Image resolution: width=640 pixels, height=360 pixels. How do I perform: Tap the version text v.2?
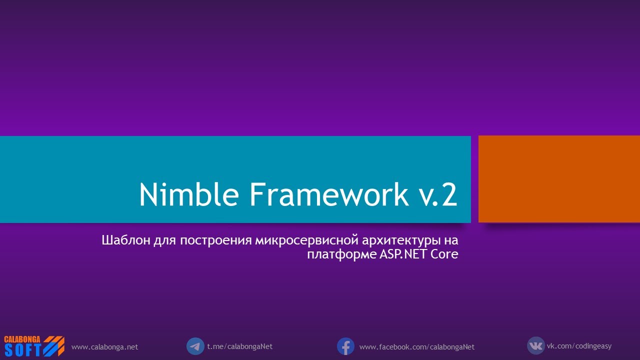click(437, 195)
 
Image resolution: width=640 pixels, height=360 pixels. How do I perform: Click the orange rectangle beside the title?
click(559, 179)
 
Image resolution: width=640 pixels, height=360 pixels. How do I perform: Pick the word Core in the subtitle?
click(444, 254)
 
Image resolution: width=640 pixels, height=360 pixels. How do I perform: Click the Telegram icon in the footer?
click(195, 346)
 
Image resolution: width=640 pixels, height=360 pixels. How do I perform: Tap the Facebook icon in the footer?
click(345, 346)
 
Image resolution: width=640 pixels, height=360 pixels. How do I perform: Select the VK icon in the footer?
click(535, 345)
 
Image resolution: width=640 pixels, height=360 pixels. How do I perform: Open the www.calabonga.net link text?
click(104, 347)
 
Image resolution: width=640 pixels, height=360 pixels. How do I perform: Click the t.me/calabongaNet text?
click(239, 346)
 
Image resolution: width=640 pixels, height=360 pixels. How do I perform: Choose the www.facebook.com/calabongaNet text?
click(416, 347)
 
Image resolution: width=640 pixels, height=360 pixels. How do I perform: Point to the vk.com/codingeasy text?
click(578, 346)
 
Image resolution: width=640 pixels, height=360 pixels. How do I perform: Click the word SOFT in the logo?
click(22, 350)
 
